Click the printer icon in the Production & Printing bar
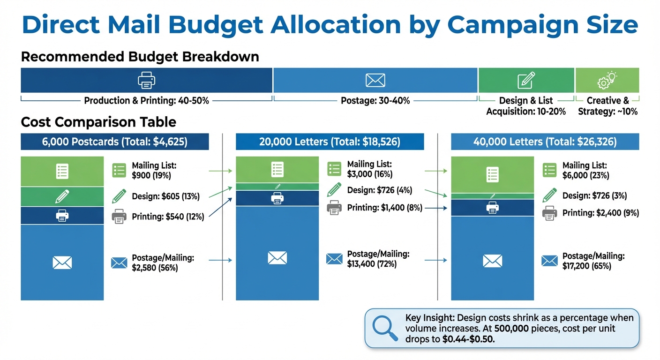(x=146, y=80)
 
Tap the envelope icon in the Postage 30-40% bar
(x=375, y=80)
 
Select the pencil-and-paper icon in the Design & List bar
(x=526, y=80)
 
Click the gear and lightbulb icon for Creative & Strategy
(x=607, y=80)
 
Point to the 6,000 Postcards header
(x=115, y=142)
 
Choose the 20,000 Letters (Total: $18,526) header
(x=330, y=142)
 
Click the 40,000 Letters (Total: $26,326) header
(x=545, y=142)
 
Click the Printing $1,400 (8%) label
(x=384, y=208)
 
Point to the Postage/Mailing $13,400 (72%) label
(x=378, y=259)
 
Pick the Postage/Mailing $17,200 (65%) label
(x=593, y=261)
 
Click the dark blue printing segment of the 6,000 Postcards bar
(x=62, y=216)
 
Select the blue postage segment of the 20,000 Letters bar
(x=277, y=257)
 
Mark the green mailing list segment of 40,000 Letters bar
(x=492, y=174)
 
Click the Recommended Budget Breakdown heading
(x=140, y=57)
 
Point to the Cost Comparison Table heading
(x=98, y=122)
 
